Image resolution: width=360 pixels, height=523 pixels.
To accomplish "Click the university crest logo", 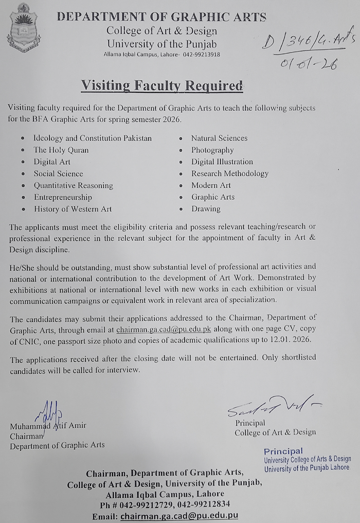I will click(x=23, y=29).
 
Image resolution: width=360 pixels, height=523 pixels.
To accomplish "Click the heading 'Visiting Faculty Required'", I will click(x=161, y=85).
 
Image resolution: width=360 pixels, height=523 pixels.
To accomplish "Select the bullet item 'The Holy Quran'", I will click(x=61, y=150).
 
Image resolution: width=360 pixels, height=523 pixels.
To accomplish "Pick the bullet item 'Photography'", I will click(x=212, y=150).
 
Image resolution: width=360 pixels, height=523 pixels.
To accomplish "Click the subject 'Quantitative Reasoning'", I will click(x=74, y=185).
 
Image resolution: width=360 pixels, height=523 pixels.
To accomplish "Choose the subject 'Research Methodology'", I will click(x=230, y=173).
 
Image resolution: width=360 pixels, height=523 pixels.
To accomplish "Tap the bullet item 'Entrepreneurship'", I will click(x=63, y=197).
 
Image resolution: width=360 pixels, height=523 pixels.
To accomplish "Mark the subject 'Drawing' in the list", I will click(x=206, y=209).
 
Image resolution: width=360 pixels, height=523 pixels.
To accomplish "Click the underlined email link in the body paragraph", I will click(x=164, y=328).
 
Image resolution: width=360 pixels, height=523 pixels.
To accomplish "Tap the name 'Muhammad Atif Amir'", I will click(x=49, y=426).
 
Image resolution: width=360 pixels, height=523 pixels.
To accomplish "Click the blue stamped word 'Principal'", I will click(x=283, y=451).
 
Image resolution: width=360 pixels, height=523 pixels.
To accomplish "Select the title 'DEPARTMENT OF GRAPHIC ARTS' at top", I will click(x=161, y=17).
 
